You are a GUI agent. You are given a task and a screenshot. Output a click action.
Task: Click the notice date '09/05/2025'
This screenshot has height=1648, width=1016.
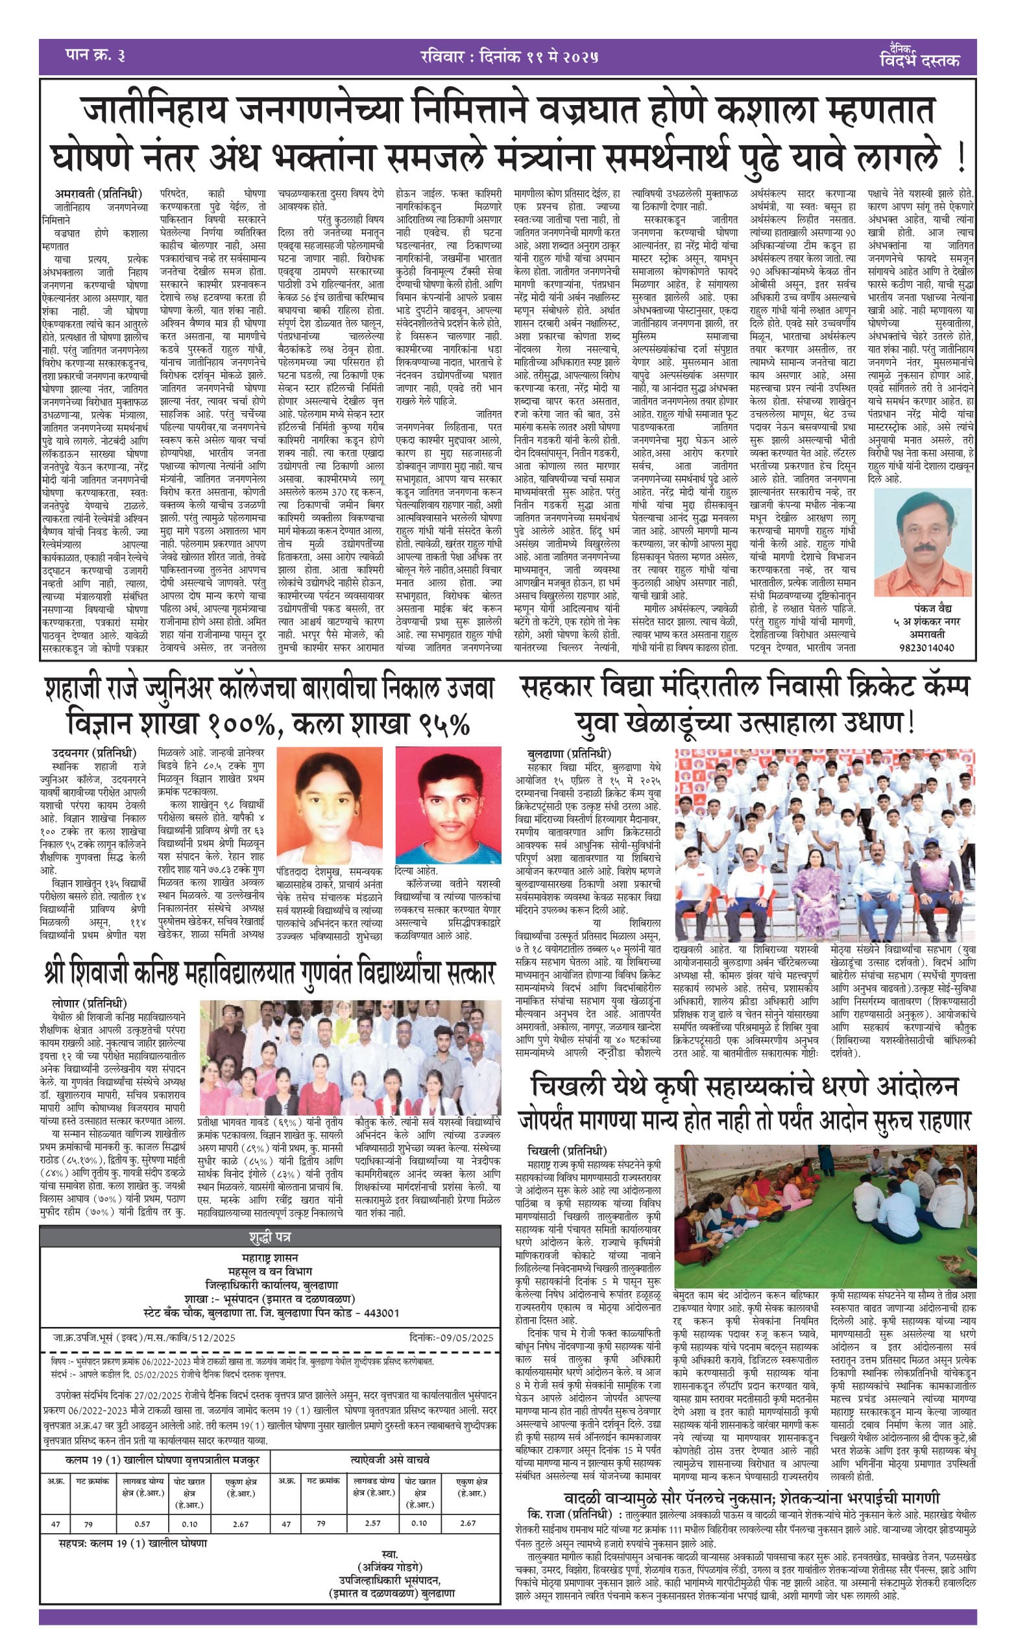[x=467, y=1337]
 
